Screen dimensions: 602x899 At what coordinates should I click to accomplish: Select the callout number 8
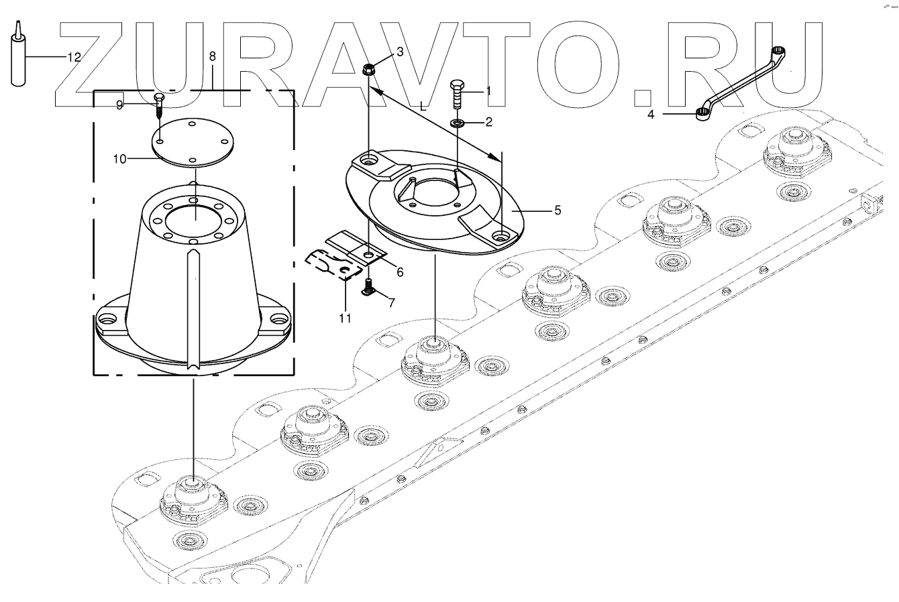coord(213,56)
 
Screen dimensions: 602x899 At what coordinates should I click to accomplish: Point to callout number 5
coord(557,210)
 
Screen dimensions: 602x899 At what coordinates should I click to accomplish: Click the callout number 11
coord(344,318)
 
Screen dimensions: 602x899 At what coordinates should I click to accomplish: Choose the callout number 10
coord(119,159)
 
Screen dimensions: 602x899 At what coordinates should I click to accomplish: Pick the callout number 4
coord(651,114)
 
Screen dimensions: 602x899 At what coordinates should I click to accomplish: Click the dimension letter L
coord(422,106)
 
